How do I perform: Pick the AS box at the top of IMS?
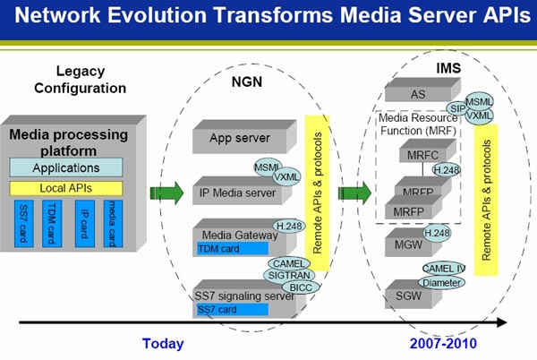(417, 92)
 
